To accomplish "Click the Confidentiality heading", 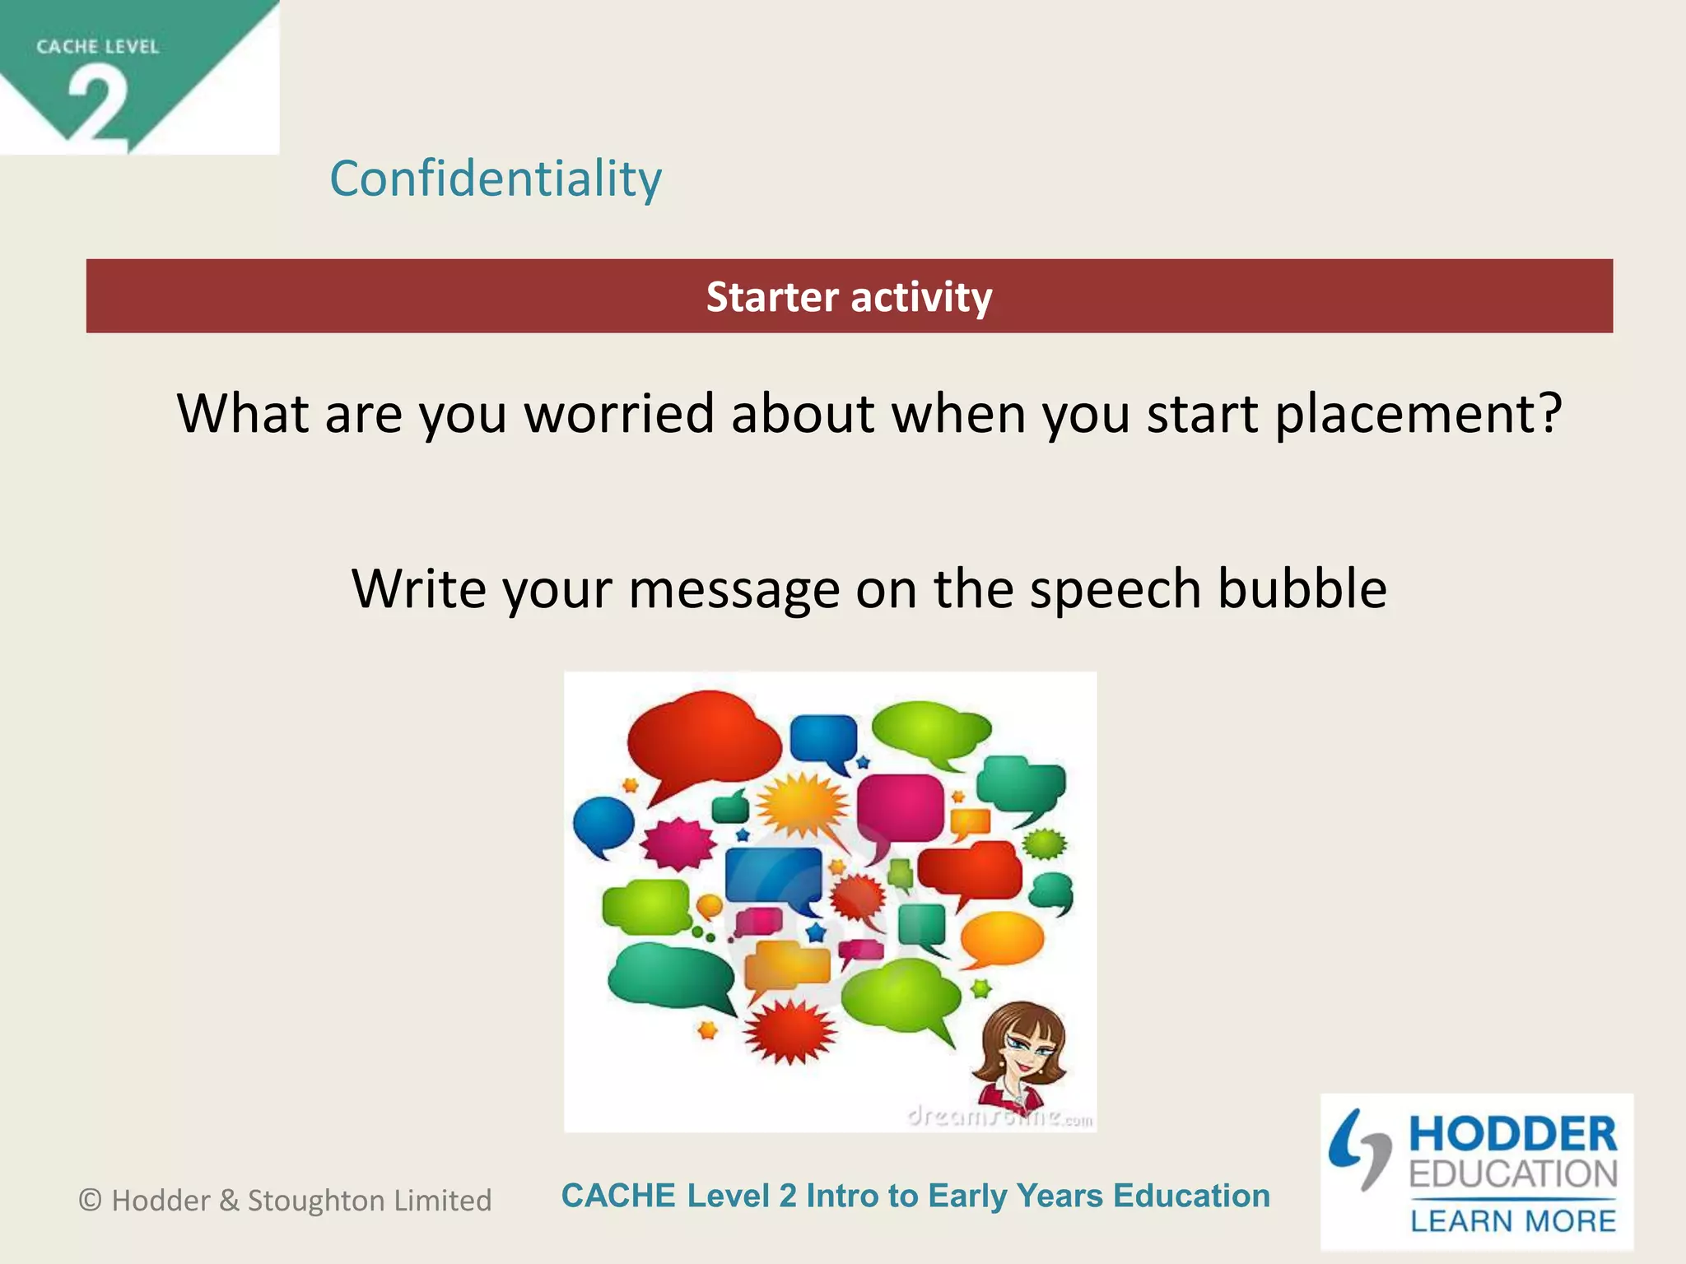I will coord(495,179).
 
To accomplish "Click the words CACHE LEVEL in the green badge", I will coord(97,47).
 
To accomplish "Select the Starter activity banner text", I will coord(849,297).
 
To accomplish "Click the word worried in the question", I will coord(620,413).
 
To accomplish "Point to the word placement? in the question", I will coord(1418,413).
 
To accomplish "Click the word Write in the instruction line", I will coord(419,588).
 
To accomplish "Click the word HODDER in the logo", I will coord(1512,1134).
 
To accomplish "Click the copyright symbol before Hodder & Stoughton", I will coord(90,1201).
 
